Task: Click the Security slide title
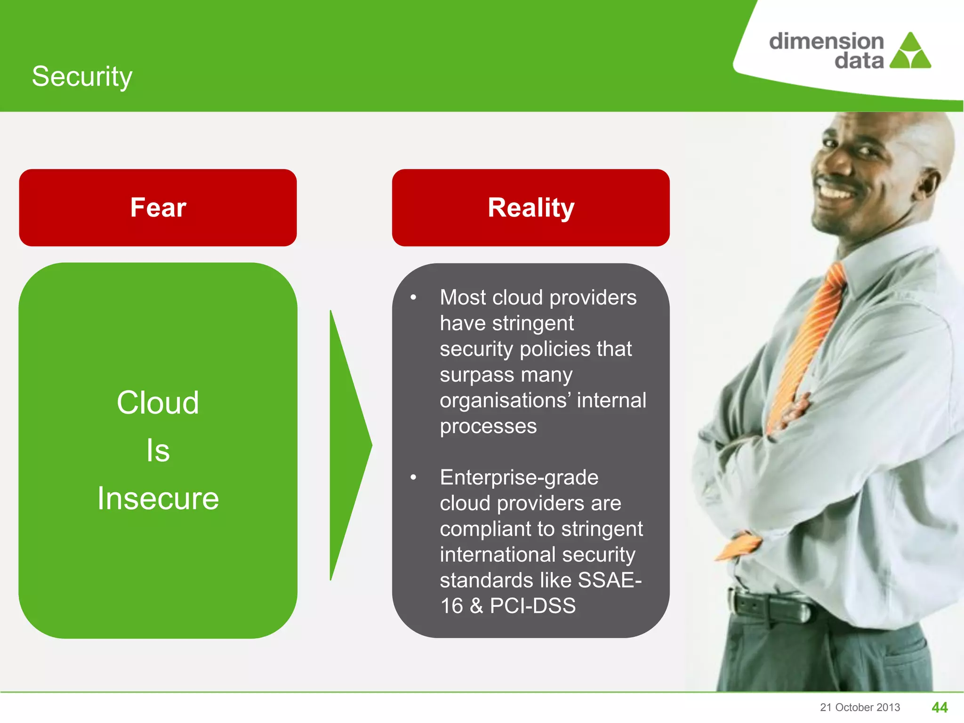82,76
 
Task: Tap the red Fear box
158,208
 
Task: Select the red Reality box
530,208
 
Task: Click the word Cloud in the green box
158,403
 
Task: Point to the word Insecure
158,498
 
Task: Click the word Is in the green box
158,450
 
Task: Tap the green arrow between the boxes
348,445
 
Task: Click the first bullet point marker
413,297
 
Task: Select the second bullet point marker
413,478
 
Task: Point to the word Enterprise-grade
519,477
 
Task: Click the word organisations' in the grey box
505,401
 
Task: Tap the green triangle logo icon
911,52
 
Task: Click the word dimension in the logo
826,41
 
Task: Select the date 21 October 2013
860,707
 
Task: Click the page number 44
940,707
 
